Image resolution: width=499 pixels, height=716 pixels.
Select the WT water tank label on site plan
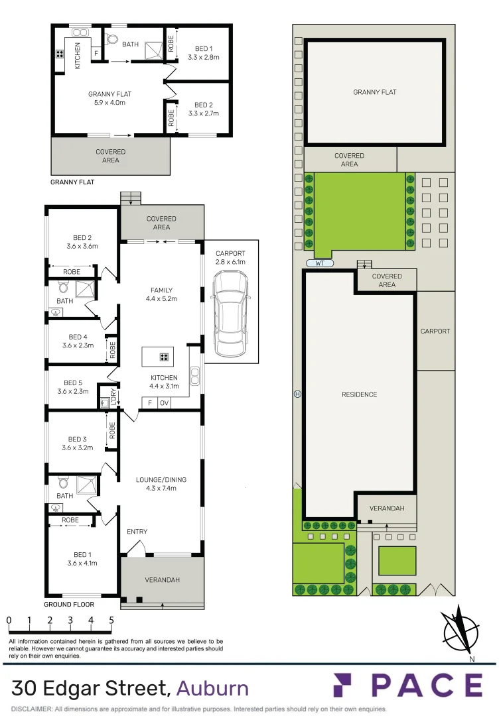(320, 263)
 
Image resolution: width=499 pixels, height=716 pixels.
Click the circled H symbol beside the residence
(298, 394)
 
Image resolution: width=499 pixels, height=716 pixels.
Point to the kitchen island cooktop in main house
(163, 357)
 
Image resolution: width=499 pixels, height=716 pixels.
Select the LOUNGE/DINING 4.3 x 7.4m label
(161, 484)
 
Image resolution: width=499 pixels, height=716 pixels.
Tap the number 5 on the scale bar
(111, 621)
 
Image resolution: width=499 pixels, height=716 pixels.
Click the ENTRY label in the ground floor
(137, 532)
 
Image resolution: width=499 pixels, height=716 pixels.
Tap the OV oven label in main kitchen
(164, 402)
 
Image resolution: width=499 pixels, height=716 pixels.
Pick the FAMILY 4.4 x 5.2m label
(161, 294)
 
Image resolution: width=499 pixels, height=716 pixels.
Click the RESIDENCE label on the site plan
(359, 394)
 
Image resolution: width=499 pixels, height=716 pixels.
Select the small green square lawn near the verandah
(397, 560)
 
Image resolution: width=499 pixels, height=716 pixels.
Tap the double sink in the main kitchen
(194, 376)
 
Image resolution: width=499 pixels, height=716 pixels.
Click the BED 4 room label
(78, 341)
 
